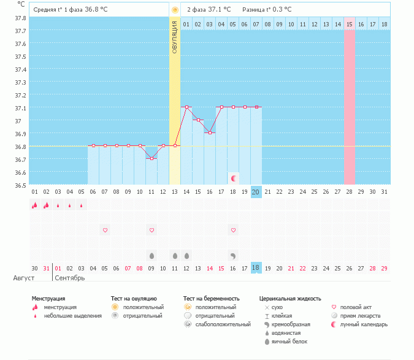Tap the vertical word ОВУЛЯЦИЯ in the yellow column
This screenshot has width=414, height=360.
(x=175, y=37)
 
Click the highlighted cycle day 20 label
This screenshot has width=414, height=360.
(x=256, y=192)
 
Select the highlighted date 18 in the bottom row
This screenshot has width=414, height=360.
(x=256, y=268)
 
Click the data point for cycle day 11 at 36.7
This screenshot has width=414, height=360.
(x=151, y=158)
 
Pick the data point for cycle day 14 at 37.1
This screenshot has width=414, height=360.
(x=186, y=107)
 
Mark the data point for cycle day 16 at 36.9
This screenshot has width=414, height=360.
(x=210, y=132)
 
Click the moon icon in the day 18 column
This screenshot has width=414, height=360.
(x=234, y=178)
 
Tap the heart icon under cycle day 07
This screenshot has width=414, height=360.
(x=105, y=230)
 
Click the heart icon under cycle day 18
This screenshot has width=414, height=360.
(x=234, y=230)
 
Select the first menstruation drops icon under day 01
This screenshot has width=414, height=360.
(x=34, y=205)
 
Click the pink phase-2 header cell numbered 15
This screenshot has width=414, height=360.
(x=350, y=24)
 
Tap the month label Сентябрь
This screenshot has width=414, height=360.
(x=70, y=278)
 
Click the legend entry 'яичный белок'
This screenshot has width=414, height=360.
(x=289, y=341)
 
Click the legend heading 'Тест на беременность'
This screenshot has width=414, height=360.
(x=212, y=298)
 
